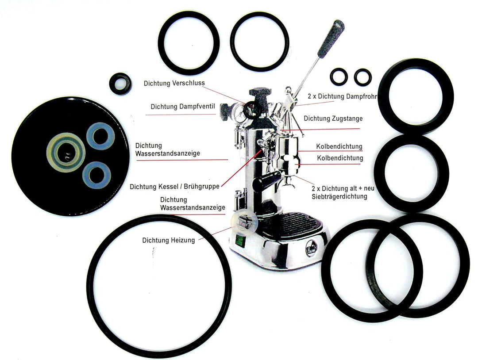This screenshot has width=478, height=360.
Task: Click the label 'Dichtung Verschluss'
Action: coord(174,83)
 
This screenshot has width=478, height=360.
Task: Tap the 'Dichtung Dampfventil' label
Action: coord(183,107)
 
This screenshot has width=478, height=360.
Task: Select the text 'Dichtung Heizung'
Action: coord(169,240)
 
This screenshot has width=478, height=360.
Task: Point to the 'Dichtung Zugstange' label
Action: coord(333,119)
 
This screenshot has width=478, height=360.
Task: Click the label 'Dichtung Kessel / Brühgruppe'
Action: coord(175,186)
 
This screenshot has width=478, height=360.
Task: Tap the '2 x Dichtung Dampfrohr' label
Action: coord(342,96)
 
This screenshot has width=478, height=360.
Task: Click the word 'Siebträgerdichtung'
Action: coord(339,196)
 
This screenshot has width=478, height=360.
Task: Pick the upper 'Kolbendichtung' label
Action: coord(339,146)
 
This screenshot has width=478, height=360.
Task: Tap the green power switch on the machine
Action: coord(240,240)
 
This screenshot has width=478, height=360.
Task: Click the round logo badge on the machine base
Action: coord(311,248)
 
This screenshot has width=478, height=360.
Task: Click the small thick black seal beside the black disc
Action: coord(120,84)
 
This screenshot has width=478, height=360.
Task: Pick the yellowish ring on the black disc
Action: coord(66,152)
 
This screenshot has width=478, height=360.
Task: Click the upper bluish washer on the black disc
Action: coord(100,136)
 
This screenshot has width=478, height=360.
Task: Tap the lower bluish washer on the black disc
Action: coord(96,175)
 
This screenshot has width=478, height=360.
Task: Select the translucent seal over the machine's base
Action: coord(244,222)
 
